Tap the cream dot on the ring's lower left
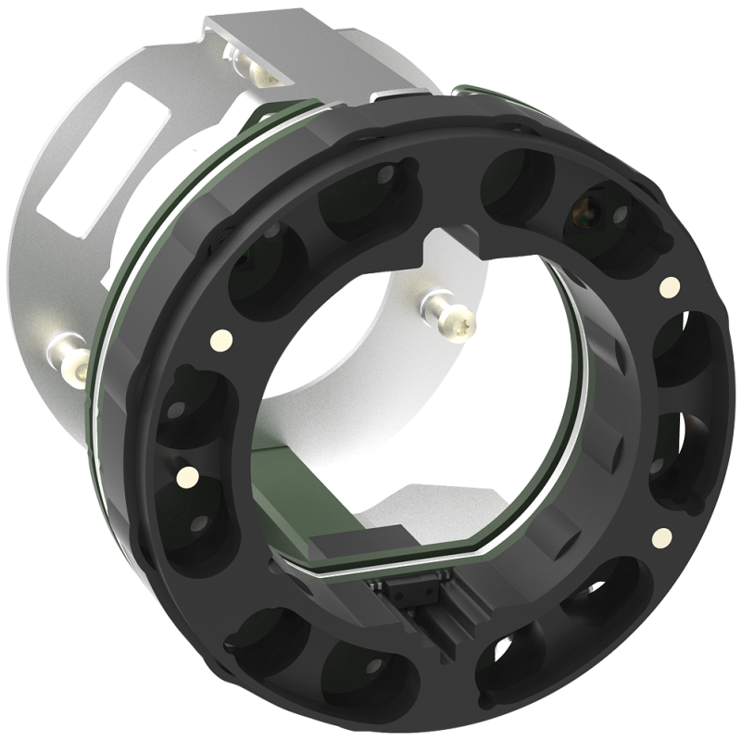tap(186, 477)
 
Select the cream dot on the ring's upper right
tap(665, 288)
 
